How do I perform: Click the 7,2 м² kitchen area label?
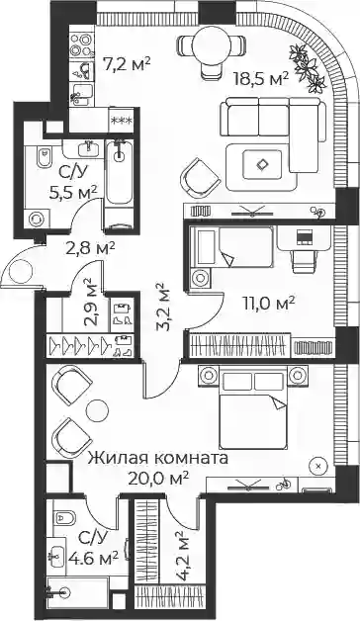coord(128,63)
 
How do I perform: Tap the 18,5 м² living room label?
coord(260,79)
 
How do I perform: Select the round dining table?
coord(211,44)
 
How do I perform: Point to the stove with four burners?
coord(81,44)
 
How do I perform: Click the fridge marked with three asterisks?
coord(122,120)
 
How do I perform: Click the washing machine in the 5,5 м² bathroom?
coord(38,219)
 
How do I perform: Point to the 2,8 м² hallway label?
coord(91,249)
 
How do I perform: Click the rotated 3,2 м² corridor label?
coord(162,307)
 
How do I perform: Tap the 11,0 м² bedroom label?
coord(269,305)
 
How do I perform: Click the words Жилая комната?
coord(158,458)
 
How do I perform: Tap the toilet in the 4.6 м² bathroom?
coord(63,517)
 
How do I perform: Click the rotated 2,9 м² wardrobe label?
coord(90,303)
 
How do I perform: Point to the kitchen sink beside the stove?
coord(84,71)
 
